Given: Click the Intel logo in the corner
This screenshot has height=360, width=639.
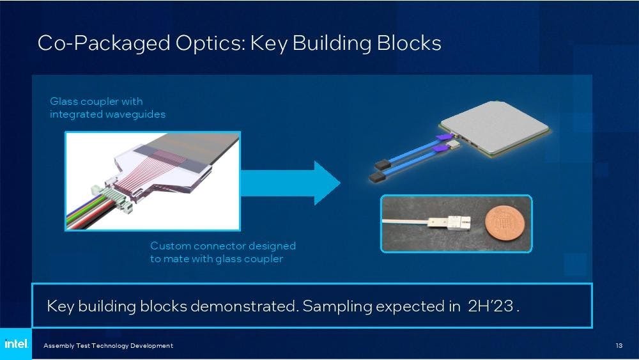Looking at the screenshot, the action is (16, 343).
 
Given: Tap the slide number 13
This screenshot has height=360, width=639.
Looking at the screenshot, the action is (619, 345).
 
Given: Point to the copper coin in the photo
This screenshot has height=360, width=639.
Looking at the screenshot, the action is (504, 223).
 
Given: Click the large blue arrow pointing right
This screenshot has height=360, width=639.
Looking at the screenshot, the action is (290, 183).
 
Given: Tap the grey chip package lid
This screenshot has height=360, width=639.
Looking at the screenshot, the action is (495, 127).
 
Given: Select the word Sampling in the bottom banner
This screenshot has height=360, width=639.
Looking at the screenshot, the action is (337, 306).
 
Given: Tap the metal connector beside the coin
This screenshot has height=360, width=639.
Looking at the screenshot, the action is (449, 223).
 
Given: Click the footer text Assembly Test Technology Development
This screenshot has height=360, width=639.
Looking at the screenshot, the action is (108, 346).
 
